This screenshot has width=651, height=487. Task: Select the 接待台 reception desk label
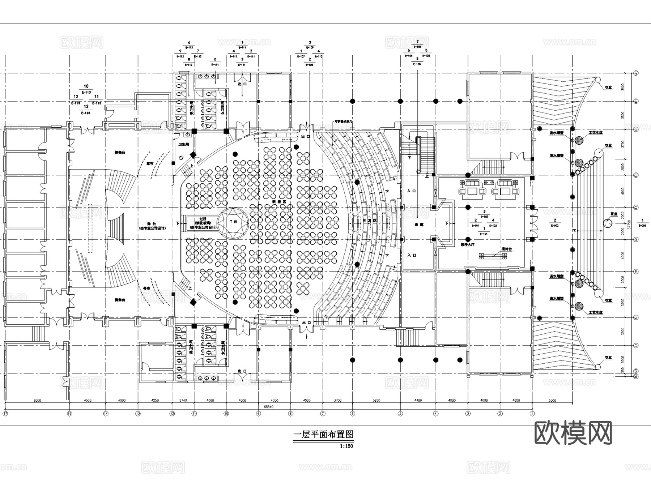coord(506,249)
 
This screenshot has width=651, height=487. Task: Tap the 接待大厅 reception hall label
coord(467,245)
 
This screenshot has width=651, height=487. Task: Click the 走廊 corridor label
coord(418,225)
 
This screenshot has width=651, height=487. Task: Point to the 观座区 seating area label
coord(282,202)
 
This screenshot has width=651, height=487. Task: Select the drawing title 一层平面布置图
coord(323,435)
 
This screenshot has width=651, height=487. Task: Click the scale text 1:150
coord(346,446)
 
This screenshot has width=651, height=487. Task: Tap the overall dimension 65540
coord(268,407)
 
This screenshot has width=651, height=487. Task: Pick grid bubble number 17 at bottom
coord(5,413)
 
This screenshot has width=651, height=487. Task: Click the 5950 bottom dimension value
coord(376,400)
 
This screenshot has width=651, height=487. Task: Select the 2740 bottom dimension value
coord(183,400)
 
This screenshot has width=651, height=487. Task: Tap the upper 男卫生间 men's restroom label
coord(191,108)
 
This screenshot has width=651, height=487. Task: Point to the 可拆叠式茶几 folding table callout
coord(343,122)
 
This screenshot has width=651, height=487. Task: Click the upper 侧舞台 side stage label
coord(120,153)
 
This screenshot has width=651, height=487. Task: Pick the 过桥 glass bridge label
coord(203,219)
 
